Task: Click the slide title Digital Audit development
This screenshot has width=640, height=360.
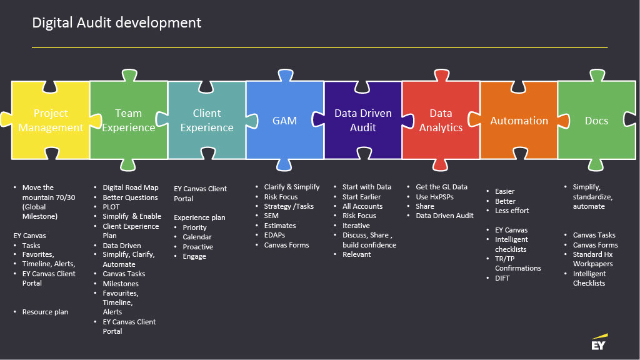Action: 117,23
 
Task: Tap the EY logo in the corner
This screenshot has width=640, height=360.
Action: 599,342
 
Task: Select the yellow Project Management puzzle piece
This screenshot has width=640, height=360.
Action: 51,120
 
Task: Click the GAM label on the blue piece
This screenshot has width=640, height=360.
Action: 284,121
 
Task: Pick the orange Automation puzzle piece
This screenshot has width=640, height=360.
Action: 519,120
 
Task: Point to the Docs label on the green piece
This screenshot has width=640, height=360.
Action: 596,121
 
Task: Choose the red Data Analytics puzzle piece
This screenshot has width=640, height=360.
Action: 441,120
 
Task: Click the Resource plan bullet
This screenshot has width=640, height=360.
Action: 45,312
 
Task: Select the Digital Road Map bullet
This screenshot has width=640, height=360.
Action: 131,187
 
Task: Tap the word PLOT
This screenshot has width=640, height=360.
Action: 111,207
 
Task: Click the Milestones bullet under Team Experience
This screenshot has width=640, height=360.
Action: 121,284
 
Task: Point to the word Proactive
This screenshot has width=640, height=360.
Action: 198,247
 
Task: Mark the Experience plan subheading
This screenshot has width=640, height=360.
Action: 199,217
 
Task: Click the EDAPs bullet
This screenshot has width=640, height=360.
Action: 275,235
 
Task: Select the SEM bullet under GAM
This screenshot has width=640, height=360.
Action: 271,216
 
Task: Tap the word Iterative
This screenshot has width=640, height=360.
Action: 356,226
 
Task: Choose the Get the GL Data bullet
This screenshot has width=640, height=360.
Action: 442,187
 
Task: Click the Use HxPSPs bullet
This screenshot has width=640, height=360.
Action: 435,197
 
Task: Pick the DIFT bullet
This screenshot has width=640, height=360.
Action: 502,278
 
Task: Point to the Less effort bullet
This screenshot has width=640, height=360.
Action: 512,211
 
